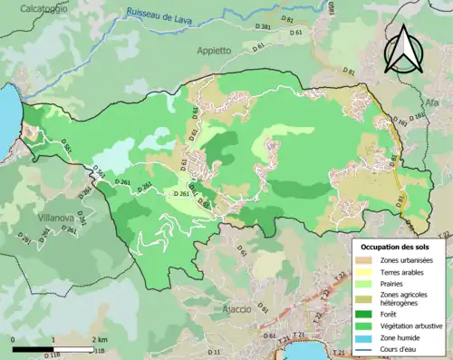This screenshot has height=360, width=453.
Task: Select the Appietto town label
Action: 216,52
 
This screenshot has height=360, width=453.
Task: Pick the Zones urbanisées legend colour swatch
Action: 366,261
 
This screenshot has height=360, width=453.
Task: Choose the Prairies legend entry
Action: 395,283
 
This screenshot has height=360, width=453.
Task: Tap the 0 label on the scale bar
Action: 13,338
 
